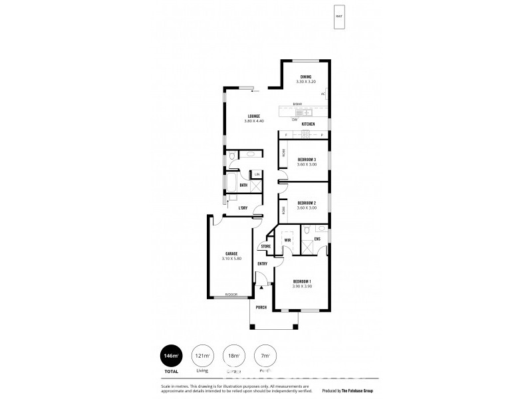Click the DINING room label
click(305, 76)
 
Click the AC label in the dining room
click(323, 94)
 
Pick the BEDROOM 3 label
click(307, 159)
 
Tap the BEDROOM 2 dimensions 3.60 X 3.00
click(307, 207)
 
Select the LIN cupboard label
click(257, 174)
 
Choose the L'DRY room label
click(243, 208)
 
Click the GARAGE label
click(231, 253)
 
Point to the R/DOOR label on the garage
click(231, 294)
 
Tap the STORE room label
click(265, 247)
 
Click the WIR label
click(288, 239)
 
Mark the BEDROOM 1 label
click(302, 282)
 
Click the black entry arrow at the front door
click(262, 287)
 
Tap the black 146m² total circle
click(171, 356)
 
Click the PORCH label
click(262, 308)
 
